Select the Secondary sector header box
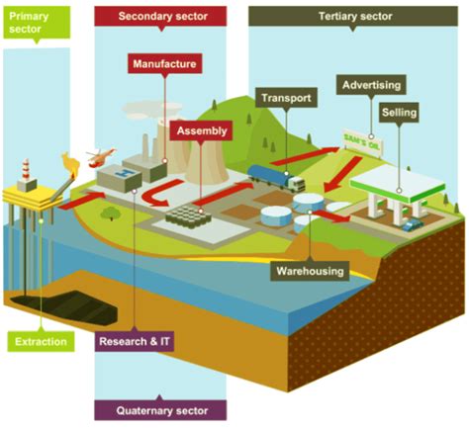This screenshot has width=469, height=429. coord(158,17)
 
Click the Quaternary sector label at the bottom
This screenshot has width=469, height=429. coord(158,409)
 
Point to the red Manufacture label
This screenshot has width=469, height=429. coord(163,65)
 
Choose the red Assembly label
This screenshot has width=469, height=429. coord(203,129)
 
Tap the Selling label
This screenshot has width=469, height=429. coord(397,114)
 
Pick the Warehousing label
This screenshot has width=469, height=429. coord(310,270)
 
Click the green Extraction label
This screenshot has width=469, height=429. coord(42,342)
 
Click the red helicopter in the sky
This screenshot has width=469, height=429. coord(100,154)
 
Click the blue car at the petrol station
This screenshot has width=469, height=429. coord(412,222)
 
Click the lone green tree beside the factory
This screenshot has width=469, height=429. coord(111,211)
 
